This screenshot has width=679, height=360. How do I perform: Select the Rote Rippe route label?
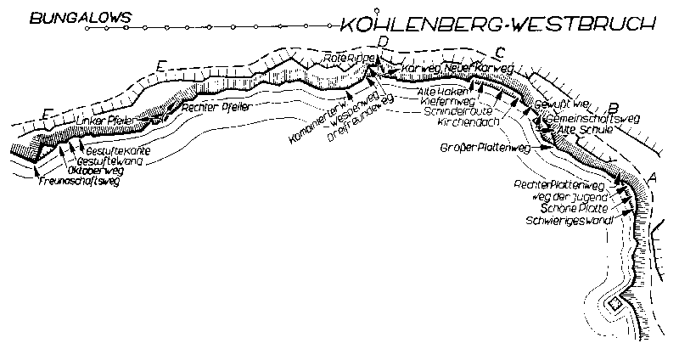[344, 59]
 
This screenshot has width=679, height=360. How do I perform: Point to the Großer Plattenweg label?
[485, 148]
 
